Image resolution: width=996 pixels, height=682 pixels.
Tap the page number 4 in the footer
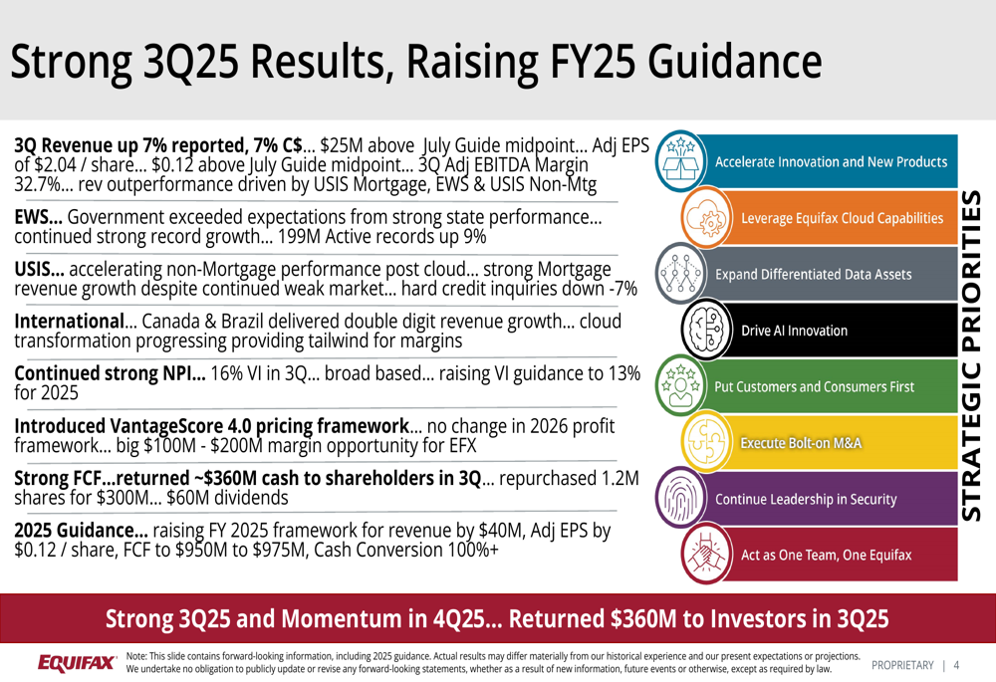957,665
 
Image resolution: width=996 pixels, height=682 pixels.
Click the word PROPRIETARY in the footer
902,665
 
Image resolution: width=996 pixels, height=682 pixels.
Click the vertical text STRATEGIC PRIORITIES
975,353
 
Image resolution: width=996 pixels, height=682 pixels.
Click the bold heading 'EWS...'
38,216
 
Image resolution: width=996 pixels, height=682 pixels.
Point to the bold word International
68,322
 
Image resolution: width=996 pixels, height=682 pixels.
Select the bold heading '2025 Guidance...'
81,532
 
